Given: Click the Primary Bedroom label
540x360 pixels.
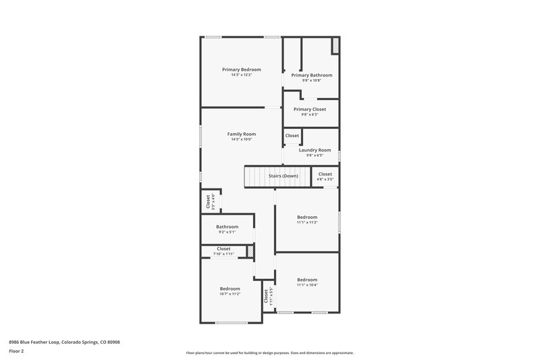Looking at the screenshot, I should tap(242, 70).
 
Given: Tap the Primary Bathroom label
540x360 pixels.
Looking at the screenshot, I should tap(312, 75).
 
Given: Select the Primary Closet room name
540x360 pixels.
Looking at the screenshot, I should tap(310, 109).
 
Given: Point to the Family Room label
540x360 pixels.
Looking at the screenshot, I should tap(241, 134).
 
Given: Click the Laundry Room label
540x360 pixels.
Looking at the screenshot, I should tap(315, 150).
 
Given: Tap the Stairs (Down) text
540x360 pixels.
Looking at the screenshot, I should tap(283, 176).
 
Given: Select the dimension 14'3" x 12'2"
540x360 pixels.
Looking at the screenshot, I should tap(242, 75).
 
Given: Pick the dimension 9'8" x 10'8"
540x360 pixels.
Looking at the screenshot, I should tap(312, 80).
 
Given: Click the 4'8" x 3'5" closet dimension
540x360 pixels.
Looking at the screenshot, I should tap(325, 180).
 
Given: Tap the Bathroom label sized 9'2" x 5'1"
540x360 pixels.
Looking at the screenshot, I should tap(227, 227).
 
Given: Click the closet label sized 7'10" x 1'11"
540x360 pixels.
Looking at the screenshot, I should tap(223, 249).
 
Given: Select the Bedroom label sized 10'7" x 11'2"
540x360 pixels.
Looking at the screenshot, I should tap(230, 288).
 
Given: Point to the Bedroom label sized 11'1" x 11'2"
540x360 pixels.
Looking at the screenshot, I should tap(307, 217).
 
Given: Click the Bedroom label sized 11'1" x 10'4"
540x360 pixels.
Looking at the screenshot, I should tap(307, 280).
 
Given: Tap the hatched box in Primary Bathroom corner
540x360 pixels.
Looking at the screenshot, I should tap(335, 45).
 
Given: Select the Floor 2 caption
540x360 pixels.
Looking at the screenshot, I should tap(16, 351).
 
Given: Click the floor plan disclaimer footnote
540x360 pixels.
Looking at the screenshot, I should tap(269, 353).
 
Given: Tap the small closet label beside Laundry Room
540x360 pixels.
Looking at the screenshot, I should tap(292, 136).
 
